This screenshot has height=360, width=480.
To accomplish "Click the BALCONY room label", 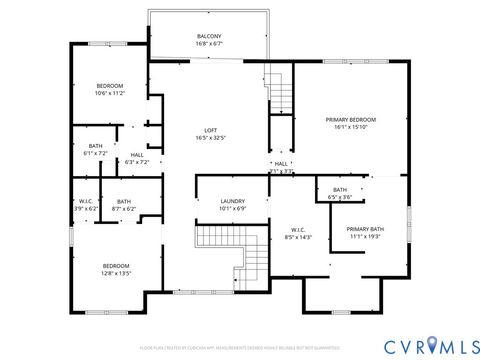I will click(209, 36).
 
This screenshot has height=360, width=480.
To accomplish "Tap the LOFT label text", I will click(210, 130).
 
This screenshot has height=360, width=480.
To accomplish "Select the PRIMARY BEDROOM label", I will click(347, 119).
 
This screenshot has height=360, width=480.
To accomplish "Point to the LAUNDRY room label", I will click(232, 201).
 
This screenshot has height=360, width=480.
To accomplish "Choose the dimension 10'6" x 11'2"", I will click(110, 94).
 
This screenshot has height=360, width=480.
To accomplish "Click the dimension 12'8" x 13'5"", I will click(116, 272).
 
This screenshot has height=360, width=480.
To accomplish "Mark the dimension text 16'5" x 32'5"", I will click(210, 138).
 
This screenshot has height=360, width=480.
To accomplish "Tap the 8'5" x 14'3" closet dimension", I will click(298, 237).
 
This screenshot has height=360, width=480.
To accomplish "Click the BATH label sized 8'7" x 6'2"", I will click(123, 201).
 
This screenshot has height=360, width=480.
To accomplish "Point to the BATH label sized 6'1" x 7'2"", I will click(95, 146).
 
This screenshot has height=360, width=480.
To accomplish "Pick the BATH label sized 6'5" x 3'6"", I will click(340, 189).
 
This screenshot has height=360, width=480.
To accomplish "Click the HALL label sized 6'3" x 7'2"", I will click(136, 154).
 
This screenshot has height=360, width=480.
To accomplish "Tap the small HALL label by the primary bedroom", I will click(281, 163).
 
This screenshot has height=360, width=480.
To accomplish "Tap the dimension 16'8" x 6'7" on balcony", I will click(209, 44).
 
